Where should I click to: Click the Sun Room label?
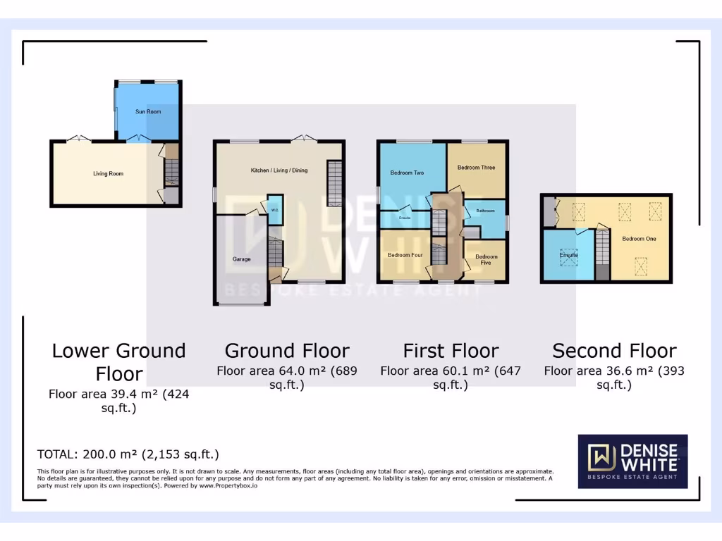pos(148,111)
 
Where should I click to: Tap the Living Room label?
pos(109,173)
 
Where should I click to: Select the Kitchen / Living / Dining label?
pos(279,170)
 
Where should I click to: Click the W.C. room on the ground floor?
pos(274,209)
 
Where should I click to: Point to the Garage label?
pos(242,259)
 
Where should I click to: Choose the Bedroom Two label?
pos(407,173)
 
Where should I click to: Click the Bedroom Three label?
pos(476,168)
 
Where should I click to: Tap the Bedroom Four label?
pos(405,255)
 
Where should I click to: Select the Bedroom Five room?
pos(486,260)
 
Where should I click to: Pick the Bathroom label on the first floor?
pos(485,211)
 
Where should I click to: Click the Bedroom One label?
pos(639,239)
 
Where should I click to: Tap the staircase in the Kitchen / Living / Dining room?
pos(334,182)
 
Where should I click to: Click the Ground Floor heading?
pos(287,351)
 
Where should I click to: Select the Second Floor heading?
pos(614,351)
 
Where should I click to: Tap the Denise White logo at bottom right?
pos(632,461)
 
